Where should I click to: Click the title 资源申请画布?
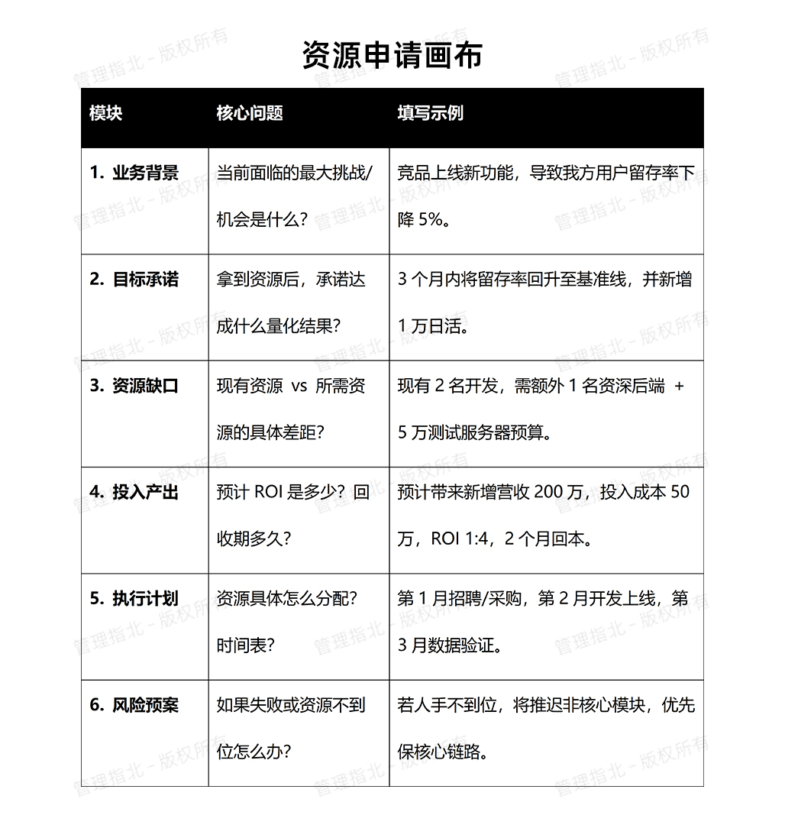(392, 56)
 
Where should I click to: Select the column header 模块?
(105, 114)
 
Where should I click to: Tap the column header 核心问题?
(250, 114)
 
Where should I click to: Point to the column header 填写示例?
(430, 114)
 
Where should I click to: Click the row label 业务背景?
(145, 173)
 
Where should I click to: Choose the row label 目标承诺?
(145, 280)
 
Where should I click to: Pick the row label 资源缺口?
(145, 386)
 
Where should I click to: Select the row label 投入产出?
(145, 492)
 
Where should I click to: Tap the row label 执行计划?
(145, 598)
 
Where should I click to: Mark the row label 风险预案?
(145, 704)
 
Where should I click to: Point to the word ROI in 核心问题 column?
(269, 493)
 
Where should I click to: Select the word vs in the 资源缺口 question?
(299, 387)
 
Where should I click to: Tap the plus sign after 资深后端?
(680, 387)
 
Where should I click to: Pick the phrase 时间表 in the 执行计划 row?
(241, 645)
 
